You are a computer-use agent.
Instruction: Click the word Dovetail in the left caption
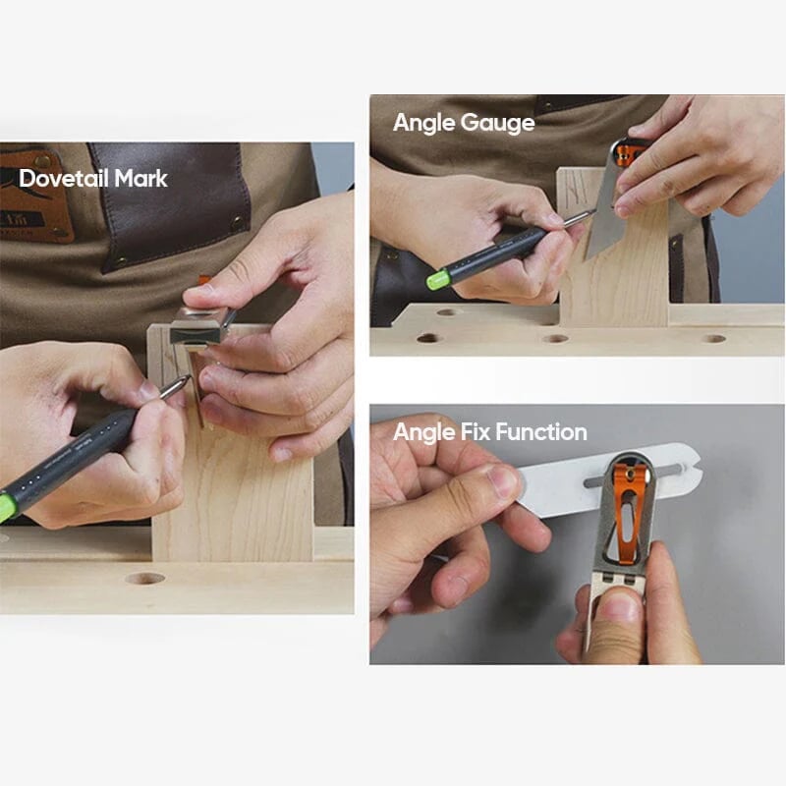coord(61,179)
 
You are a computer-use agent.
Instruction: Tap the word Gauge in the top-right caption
coord(501,123)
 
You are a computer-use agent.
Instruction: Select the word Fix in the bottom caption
coord(472,432)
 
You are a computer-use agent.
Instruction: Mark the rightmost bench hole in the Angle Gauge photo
coord(714,338)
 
